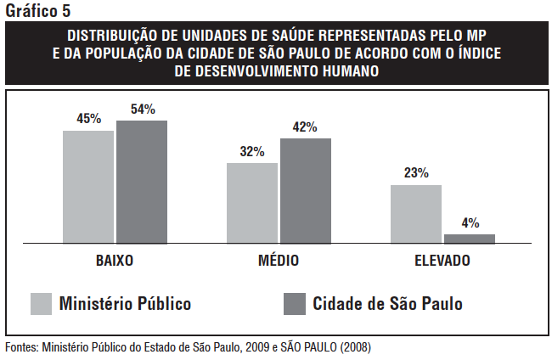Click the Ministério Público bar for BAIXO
coord(88,187)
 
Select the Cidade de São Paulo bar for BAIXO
coord(142,182)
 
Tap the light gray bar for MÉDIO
coord(252,203)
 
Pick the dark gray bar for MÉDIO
coord(306,191)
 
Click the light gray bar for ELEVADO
coord(416,214)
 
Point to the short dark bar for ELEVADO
coord(470,239)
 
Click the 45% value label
coord(88,119)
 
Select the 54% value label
coord(143,109)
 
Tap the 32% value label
coord(252,151)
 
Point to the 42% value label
coord(305,127)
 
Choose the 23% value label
coord(416,173)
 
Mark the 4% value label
coord(470,222)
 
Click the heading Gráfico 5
coord(38,10)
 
